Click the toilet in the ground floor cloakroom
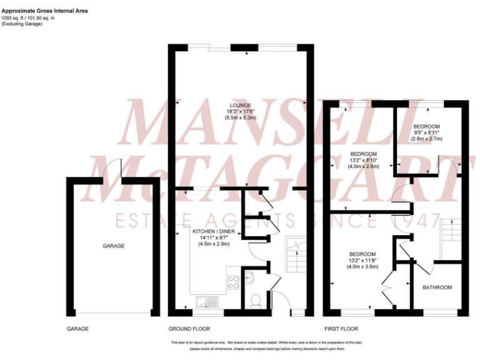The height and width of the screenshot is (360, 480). pos(254,301)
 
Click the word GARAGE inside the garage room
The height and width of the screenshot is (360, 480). pos(113,246)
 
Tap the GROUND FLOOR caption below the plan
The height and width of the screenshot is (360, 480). pos(189,329)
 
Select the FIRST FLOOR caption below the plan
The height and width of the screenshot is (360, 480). pos(341,329)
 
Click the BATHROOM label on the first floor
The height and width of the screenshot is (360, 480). pos(437,287)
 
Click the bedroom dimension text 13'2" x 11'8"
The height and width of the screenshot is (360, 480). pos(363,261)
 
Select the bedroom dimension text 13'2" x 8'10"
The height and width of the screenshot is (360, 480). pos(363,160)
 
